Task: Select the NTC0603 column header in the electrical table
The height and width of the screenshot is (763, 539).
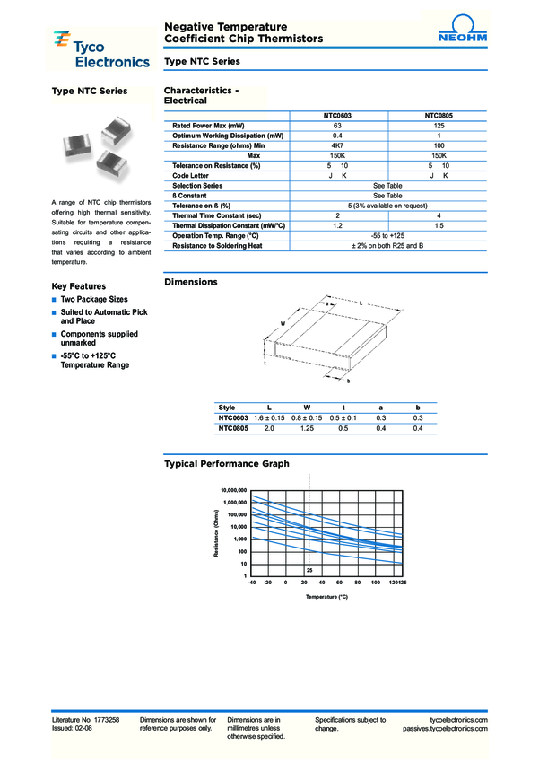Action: (x=337, y=116)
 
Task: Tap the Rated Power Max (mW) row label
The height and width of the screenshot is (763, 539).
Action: (x=208, y=125)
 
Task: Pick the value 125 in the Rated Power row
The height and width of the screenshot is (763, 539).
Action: (x=439, y=125)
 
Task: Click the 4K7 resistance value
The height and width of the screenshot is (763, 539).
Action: (x=337, y=145)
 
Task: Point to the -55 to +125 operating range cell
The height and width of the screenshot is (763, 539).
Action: (x=387, y=235)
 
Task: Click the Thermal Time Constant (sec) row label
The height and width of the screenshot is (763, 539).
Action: (x=216, y=215)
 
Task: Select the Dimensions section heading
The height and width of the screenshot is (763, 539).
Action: (x=190, y=282)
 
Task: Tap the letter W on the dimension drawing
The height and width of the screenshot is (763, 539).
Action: (x=283, y=322)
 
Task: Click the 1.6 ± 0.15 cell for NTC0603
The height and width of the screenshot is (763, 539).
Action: (x=268, y=418)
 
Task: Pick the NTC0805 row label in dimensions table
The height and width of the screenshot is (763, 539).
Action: (x=232, y=429)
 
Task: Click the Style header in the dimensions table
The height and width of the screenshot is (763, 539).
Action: (x=227, y=408)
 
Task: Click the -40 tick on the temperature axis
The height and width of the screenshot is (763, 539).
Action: (x=253, y=583)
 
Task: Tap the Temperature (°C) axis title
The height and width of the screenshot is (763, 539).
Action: (x=326, y=596)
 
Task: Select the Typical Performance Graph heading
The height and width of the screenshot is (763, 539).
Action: (x=227, y=464)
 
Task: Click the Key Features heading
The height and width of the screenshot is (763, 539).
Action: (x=79, y=285)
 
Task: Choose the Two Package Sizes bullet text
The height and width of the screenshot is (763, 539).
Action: (x=94, y=299)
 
